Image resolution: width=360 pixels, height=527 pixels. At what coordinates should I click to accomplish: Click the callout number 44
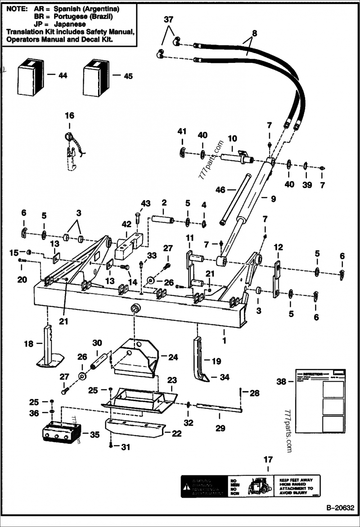coord(62,76)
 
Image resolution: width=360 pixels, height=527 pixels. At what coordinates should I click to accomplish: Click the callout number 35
coord(94,435)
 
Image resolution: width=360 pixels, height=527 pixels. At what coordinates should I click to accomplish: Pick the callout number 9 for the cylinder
coord(273,198)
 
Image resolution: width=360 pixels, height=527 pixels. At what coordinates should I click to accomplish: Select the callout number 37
coord(168,20)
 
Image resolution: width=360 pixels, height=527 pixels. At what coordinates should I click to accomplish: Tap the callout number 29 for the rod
coord(220,428)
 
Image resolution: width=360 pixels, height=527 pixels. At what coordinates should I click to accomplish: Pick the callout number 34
coord(224,377)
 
